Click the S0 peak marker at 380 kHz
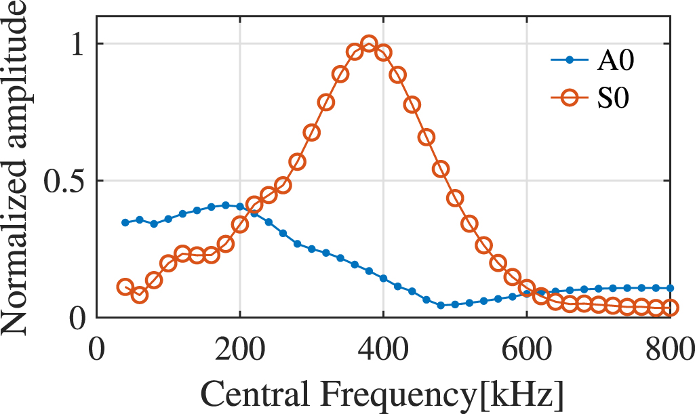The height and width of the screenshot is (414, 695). tap(369, 45)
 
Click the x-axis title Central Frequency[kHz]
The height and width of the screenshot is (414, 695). tap(382, 393)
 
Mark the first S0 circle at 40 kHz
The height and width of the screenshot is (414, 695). tap(125, 287)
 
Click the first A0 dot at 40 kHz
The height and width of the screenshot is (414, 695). tap(125, 222)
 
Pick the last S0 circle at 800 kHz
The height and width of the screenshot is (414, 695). tap(669, 308)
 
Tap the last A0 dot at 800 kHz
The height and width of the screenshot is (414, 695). tap(669, 288)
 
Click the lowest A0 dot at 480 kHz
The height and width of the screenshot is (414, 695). tap(441, 306)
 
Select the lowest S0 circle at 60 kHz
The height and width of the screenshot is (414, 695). tap(140, 295)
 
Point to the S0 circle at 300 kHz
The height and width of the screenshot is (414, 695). tap(312, 133)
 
